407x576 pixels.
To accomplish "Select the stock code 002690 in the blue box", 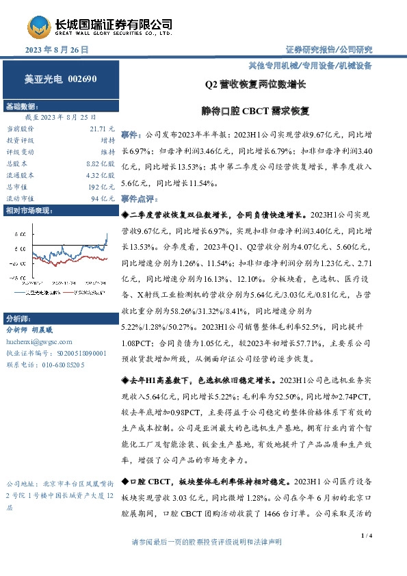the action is click(83, 79).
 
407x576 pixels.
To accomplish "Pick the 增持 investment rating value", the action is click(107, 140).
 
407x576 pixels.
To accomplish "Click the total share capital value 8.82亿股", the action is click(99, 163).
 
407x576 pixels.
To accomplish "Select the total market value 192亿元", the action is click(103, 187).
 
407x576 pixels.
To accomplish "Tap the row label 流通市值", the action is click(19, 198).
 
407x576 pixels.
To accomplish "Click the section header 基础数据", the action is click(22, 107).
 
